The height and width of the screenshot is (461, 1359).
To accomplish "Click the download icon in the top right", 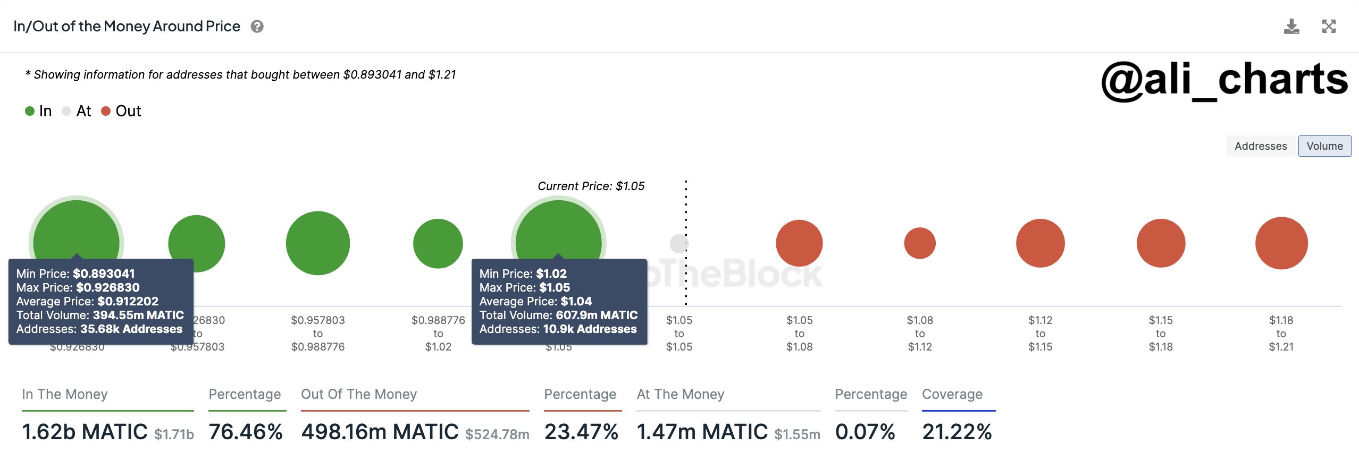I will point(1291,27).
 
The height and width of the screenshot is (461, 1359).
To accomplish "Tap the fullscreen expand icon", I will point(1329,27).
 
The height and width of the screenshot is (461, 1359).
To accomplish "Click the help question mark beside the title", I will point(257,27).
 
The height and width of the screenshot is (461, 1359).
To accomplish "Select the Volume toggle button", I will point(1324,146).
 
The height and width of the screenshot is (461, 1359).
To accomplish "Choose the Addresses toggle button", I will point(1261,146).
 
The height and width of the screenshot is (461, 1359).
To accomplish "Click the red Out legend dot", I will point(106,111).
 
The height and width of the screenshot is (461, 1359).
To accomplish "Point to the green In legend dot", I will point(30,111).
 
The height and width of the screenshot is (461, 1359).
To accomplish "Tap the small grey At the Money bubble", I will point(679,244).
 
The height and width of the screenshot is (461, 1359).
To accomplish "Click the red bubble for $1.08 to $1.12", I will point(920,243).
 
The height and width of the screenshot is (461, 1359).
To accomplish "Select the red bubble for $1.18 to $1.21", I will point(1281,243).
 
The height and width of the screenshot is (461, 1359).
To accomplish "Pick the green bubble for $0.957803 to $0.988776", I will point(318,243).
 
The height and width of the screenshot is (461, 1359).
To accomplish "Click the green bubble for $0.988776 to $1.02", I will point(438,244).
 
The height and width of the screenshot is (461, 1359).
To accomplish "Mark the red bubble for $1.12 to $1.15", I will point(1041,243).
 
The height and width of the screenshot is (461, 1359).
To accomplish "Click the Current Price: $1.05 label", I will point(591,186).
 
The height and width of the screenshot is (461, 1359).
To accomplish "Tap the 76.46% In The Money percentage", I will point(246,432).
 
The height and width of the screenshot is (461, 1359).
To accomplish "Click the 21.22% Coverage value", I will point(957,432).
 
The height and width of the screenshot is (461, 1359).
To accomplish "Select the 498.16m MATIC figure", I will point(380,432).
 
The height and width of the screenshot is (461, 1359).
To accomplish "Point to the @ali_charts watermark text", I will point(1224,80).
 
